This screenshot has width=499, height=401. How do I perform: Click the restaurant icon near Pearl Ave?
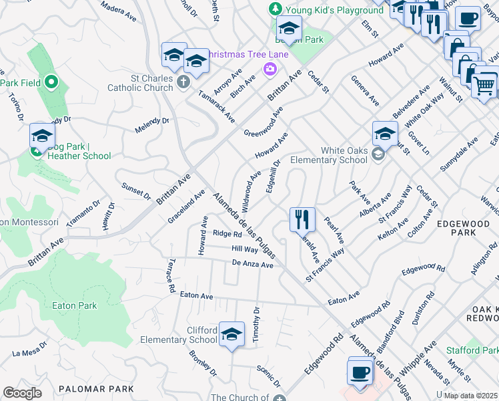(x=302, y=219)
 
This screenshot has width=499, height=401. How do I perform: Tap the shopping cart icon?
(x=484, y=84)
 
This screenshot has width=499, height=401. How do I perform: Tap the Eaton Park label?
(x=74, y=305)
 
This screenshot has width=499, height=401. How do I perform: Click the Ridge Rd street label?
(x=227, y=234)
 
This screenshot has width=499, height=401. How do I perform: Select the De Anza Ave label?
(x=253, y=265)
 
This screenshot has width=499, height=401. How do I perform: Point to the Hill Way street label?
(x=245, y=249)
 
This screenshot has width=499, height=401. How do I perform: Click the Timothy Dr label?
(x=256, y=325)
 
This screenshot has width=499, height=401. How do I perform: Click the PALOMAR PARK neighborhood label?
(x=96, y=388)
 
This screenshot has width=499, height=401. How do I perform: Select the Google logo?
(x=22, y=393)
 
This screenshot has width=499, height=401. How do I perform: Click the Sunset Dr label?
(x=136, y=190)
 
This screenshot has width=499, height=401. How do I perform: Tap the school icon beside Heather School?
(x=41, y=136)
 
